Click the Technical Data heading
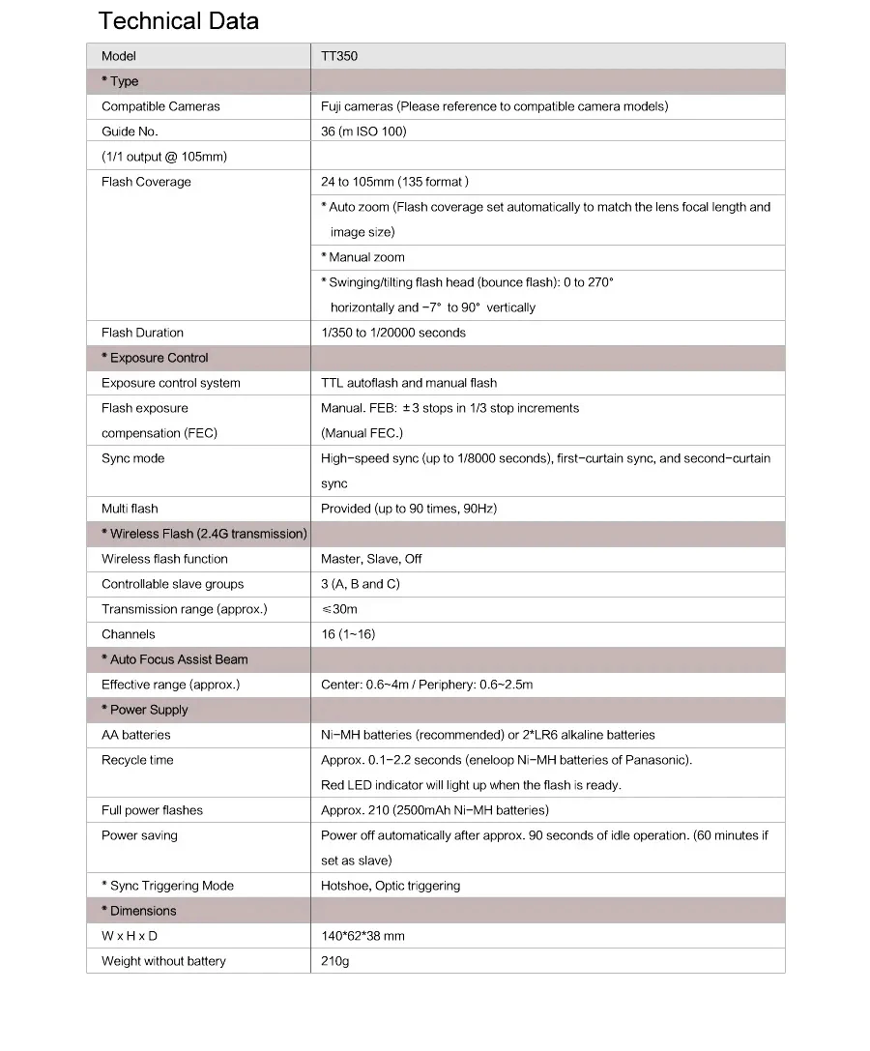point(179,21)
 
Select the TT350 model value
point(339,56)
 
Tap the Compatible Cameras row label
point(160,106)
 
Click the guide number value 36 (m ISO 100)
point(363,131)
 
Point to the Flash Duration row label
point(142,333)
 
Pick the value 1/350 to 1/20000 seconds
point(393,333)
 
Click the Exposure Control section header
point(155,358)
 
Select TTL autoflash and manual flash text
point(409,383)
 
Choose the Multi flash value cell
point(409,509)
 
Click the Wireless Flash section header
point(204,534)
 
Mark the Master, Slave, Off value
point(371,559)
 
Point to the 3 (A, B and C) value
point(360,584)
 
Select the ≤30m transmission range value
point(339,609)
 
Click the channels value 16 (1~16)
point(348,634)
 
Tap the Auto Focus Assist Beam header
point(175,659)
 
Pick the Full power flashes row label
point(152,810)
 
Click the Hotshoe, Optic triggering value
point(391,886)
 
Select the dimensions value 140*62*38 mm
point(362,936)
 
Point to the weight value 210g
point(335,961)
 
